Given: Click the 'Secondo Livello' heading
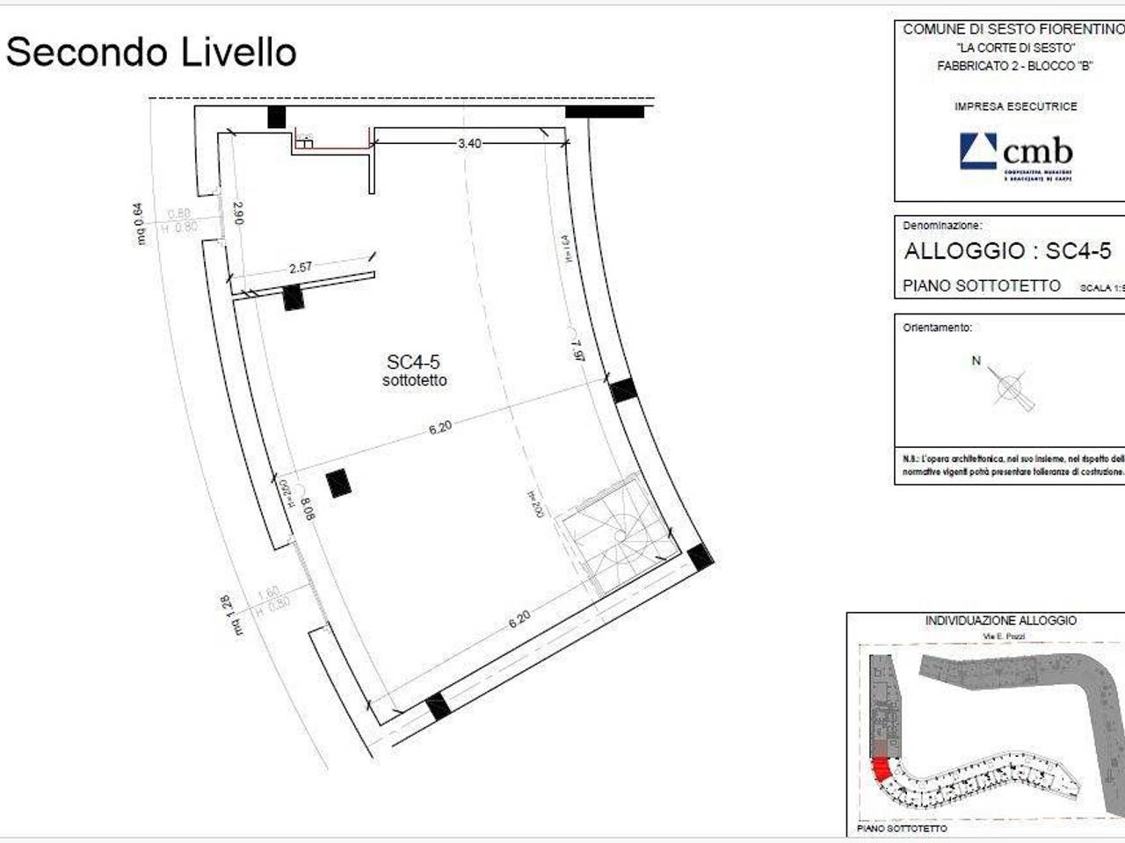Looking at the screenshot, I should pos(151,53).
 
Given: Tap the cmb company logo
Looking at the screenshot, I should pos(1015,155).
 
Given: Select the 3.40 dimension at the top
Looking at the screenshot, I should pos(469,143).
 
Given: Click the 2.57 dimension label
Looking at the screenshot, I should pos(301,267).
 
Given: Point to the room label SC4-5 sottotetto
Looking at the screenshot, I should pos(414,370).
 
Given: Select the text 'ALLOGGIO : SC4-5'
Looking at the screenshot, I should pos(1007,251).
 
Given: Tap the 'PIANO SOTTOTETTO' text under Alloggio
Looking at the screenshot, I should pos(981,286).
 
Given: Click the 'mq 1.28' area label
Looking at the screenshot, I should pos(235,615).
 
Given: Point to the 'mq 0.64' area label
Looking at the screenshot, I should pos(139,223).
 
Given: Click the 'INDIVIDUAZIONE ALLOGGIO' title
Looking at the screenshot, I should pos(1000,621).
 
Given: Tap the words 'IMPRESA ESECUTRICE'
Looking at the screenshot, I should pos(1015,106).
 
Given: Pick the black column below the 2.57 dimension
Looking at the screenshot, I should pos(293,299).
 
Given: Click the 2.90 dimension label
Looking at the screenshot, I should pos(237,213).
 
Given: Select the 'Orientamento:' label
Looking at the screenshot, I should pos(937,328).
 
